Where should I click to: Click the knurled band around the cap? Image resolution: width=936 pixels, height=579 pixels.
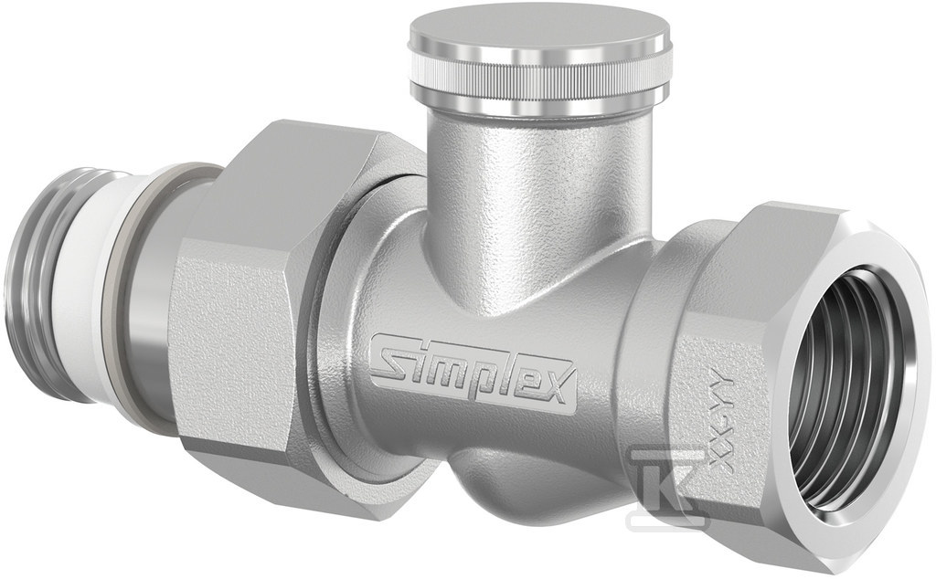515,68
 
